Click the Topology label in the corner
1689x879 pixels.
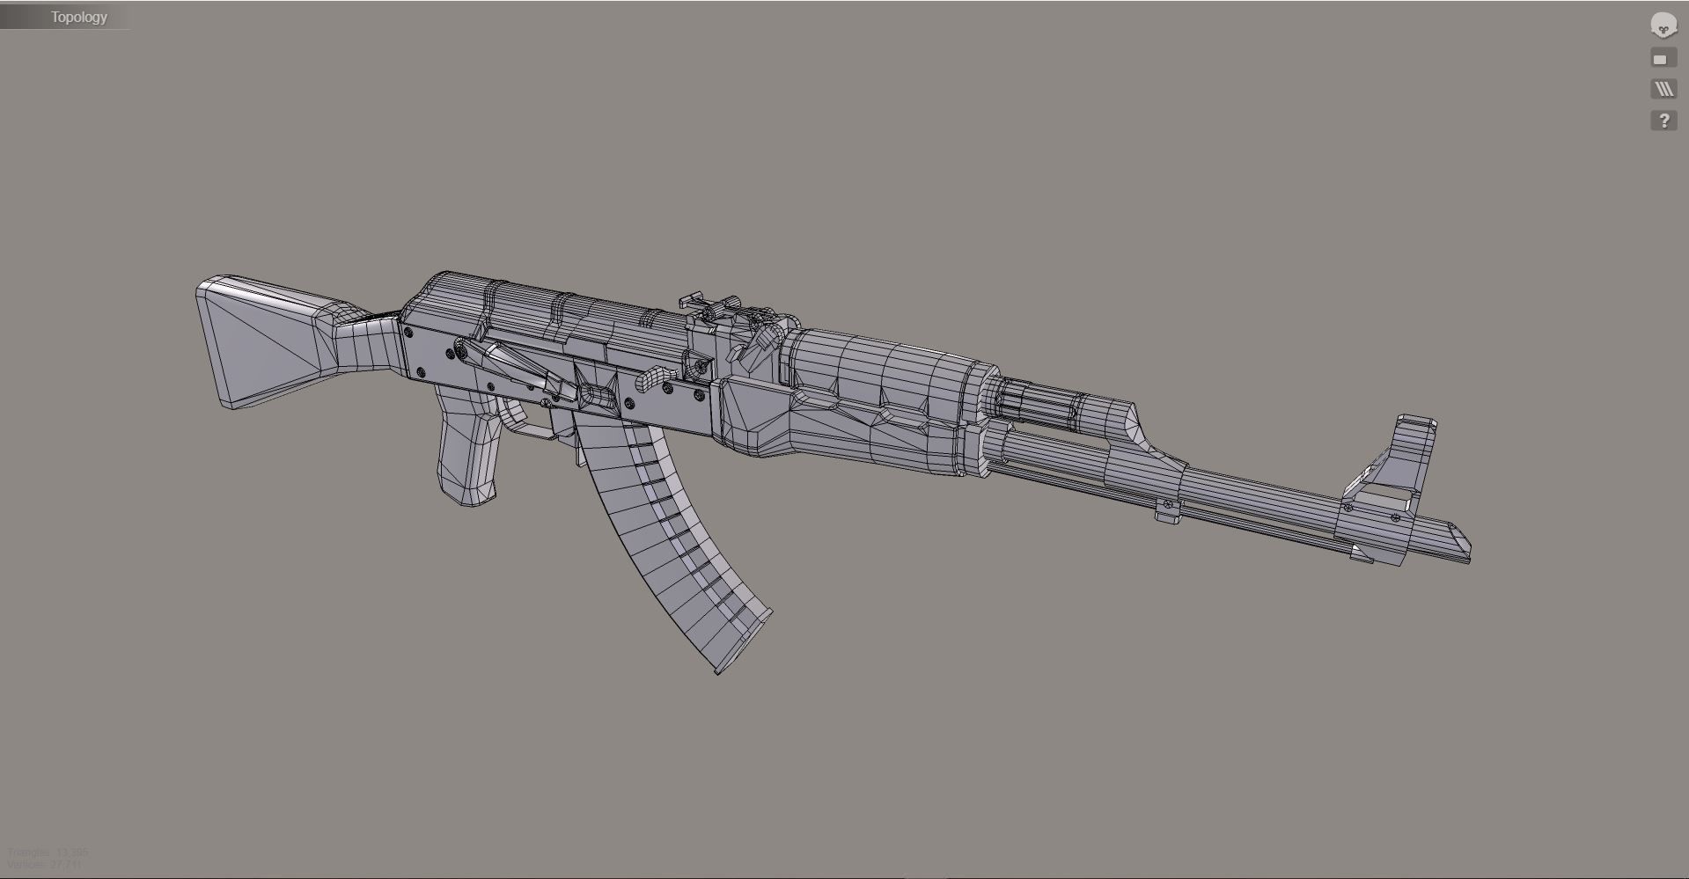(x=78, y=17)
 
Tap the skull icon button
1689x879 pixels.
(x=1663, y=26)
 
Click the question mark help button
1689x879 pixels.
(x=1663, y=121)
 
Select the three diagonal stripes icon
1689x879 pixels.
(x=1663, y=89)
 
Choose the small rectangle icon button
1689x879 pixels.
(x=1661, y=59)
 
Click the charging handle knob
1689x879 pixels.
(x=649, y=379)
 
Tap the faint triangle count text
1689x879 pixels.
(x=48, y=852)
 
